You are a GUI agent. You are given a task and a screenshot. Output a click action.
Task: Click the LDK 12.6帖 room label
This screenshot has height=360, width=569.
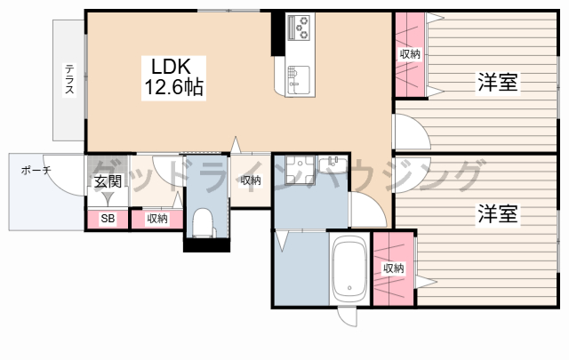[x=173, y=77]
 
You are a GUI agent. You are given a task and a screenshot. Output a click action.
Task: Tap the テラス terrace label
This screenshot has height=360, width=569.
[x=69, y=79]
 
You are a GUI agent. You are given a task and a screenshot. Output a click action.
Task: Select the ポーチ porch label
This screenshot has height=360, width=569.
[x=36, y=170]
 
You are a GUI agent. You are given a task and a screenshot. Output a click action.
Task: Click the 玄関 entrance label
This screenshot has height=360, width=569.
[x=108, y=181]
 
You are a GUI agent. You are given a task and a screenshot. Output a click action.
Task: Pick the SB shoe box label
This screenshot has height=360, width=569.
[x=108, y=219]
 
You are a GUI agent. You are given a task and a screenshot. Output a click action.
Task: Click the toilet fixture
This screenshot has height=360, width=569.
[x=203, y=223]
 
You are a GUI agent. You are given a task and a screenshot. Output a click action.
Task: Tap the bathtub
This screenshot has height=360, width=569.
[x=349, y=268]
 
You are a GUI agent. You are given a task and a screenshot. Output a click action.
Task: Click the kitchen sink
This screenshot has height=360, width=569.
[x=299, y=81]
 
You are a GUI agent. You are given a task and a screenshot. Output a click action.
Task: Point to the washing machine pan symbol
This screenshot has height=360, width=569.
[x=299, y=170]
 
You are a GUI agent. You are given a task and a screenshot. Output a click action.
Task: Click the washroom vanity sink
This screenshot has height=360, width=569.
[x=333, y=164]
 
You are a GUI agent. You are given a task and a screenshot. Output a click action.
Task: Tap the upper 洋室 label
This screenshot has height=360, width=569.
[x=498, y=82]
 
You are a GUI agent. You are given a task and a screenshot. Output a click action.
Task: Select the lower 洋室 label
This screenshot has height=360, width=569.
[x=498, y=213]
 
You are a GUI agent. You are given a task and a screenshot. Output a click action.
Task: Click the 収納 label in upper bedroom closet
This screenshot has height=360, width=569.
[x=410, y=54]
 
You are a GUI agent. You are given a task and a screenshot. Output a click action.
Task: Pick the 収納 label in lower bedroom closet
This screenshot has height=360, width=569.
[x=394, y=268]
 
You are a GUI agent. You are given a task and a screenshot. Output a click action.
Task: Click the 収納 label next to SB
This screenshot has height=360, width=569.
[x=157, y=219]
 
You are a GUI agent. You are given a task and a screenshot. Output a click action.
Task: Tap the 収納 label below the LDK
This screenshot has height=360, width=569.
[x=251, y=180]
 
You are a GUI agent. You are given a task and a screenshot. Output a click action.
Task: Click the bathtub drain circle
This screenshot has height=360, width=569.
[x=349, y=288]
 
